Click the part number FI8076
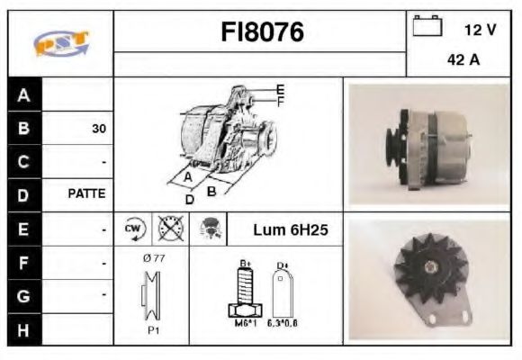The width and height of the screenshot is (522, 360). pyautogui.click(x=262, y=33)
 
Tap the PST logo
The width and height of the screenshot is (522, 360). pyautogui.click(x=60, y=43)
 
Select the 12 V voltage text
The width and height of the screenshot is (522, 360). pyautogui.click(x=480, y=30)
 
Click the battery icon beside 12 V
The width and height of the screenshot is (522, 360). pyautogui.click(x=427, y=28)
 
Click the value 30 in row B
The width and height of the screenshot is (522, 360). pyautogui.click(x=98, y=129)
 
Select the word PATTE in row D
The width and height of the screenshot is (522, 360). pyautogui.click(x=87, y=193)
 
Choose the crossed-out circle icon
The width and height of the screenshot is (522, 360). pyautogui.click(x=167, y=229)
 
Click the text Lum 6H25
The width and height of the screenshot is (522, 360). pyautogui.click(x=290, y=230)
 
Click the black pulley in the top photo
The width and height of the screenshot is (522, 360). pyautogui.click(x=392, y=147)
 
